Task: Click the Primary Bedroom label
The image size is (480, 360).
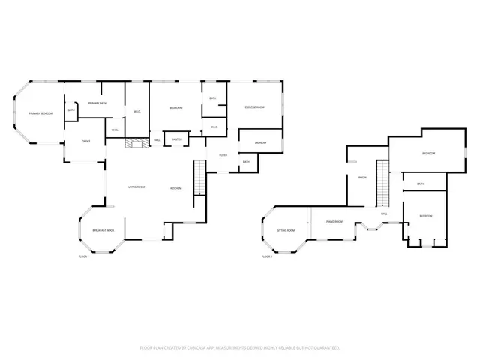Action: pyautogui.click(x=40, y=113)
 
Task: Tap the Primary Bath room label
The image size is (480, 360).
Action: pyautogui.click(x=98, y=103)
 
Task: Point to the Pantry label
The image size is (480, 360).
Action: pyautogui.click(x=176, y=139)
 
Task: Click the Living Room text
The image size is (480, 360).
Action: pyautogui.click(x=136, y=187)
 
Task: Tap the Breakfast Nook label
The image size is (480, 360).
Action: pyautogui.click(x=103, y=230)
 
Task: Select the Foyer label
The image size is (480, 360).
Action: pyautogui.click(x=223, y=155)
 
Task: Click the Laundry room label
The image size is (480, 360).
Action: pyautogui.click(x=260, y=142)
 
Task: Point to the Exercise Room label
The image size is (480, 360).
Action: pyautogui.click(x=254, y=108)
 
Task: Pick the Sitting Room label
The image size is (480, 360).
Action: pyautogui.click(x=286, y=231)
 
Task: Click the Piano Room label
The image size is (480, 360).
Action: pyautogui.click(x=334, y=222)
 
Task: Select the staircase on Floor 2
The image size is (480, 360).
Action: pyautogui.click(x=382, y=184)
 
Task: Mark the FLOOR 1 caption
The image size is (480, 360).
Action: pyautogui.click(x=84, y=256)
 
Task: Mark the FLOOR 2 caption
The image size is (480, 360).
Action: pyautogui.click(x=266, y=256)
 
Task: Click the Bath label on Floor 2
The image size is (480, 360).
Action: pyautogui.click(x=420, y=184)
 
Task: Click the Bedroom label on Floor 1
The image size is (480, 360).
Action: pyautogui.click(x=176, y=108)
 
